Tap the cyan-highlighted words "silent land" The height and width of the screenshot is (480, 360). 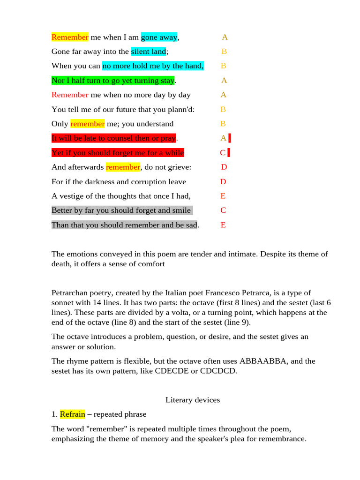[x=148, y=52]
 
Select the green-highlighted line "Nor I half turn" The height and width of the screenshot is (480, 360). [x=112, y=81]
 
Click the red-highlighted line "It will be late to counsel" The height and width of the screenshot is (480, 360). [x=113, y=138]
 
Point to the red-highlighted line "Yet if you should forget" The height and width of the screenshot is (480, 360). [x=117, y=153]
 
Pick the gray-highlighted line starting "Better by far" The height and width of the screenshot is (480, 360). [x=121, y=210]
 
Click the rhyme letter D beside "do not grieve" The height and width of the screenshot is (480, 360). [x=224, y=167]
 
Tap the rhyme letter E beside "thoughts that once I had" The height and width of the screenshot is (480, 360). [x=223, y=196]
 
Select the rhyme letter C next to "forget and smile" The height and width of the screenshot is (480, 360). [x=223, y=210]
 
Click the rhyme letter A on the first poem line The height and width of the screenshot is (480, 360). [x=225, y=37]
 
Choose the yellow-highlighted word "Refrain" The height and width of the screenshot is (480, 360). [x=72, y=414]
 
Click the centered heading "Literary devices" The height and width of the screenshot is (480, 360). [x=193, y=400]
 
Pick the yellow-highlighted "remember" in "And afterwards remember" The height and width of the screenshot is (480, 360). [x=123, y=167]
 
